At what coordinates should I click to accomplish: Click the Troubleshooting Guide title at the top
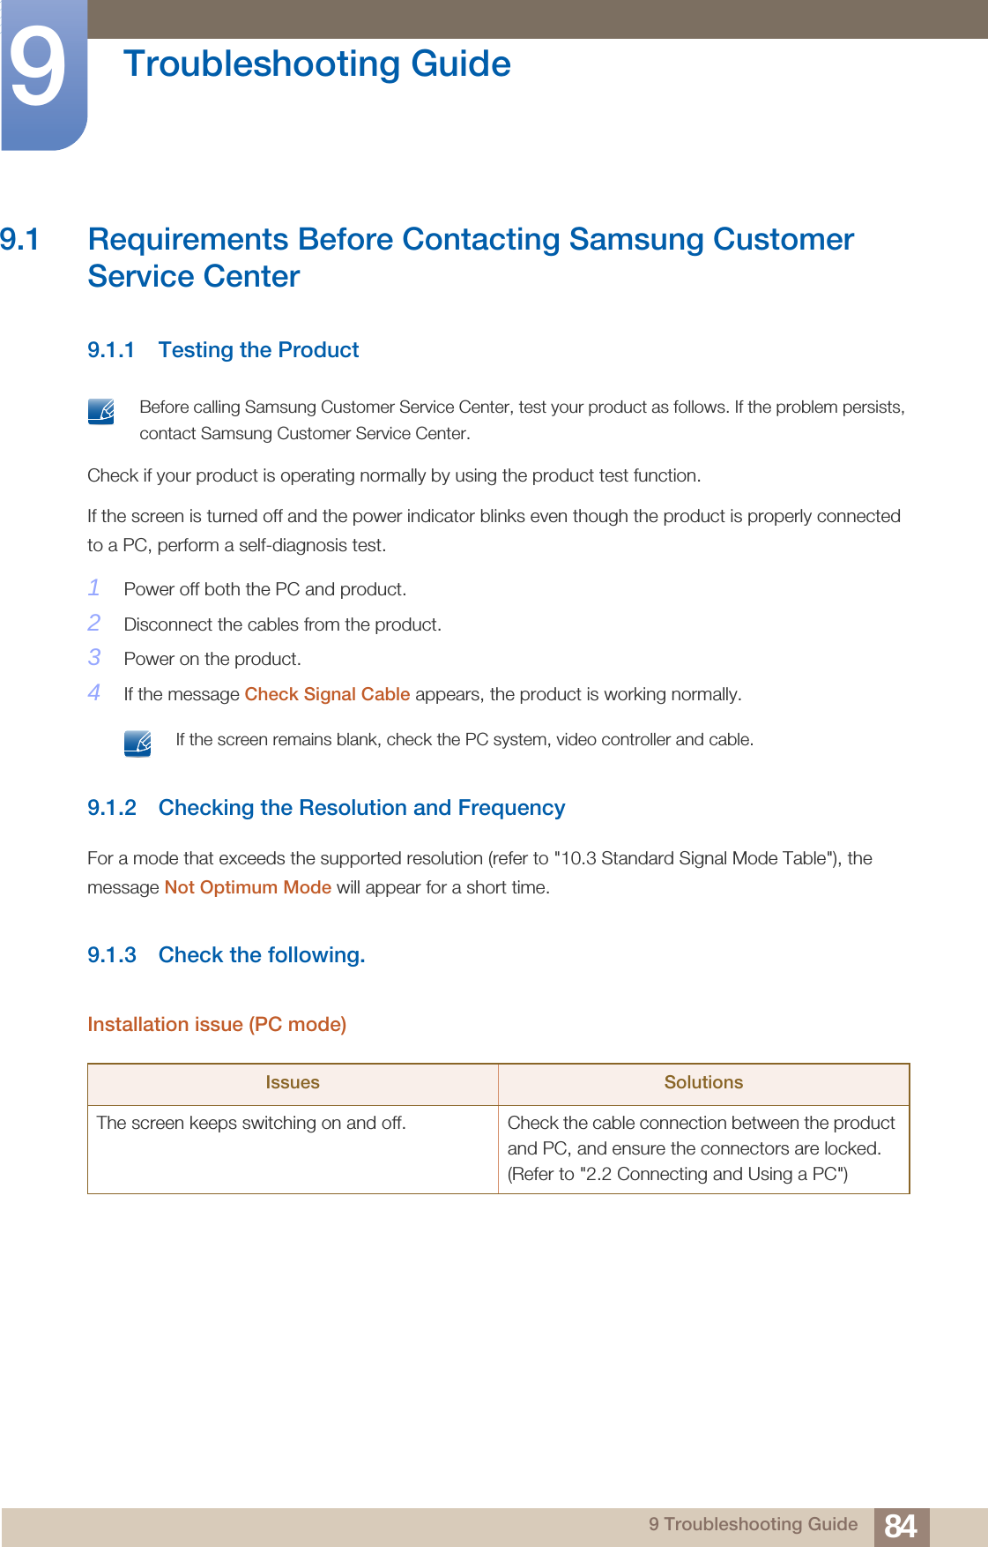pyautogui.click(x=316, y=64)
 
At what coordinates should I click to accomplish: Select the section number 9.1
pyautogui.click(x=19, y=240)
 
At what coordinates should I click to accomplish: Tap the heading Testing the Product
pyautogui.click(x=258, y=350)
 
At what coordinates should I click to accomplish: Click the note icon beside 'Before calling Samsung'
pyautogui.click(x=101, y=411)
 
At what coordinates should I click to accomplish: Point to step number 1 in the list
pyautogui.click(x=94, y=587)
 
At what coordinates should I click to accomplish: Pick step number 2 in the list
pyautogui.click(x=94, y=623)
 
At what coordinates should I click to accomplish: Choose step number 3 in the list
pyautogui.click(x=94, y=657)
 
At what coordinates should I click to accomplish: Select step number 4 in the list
pyautogui.click(x=94, y=692)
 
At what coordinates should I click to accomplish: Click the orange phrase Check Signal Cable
pyautogui.click(x=327, y=694)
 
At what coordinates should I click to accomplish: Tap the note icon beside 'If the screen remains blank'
pyautogui.click(x=137, y=743)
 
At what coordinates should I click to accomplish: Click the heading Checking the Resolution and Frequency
pyautogui.click(x=361, y=808)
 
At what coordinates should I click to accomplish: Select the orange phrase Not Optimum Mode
pyautogui.click(x=248, y=887)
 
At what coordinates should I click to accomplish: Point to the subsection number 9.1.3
pyautogui.click(x=112, y=955)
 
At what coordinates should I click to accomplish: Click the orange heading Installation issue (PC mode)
pyautogui.click(x=217, y=1024)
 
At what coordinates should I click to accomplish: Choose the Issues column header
pyautogui.click(x=293, y=1083)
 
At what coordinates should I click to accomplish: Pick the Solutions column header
pyautogui.click(x=703, y=1083)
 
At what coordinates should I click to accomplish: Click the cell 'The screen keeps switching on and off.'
pyautogui.click(x=251, y=1123)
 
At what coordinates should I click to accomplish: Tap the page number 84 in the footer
pyautogui.click(x=901, y=1526)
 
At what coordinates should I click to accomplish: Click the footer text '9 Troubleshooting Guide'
pyautogui.click(x=753, y=1524)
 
